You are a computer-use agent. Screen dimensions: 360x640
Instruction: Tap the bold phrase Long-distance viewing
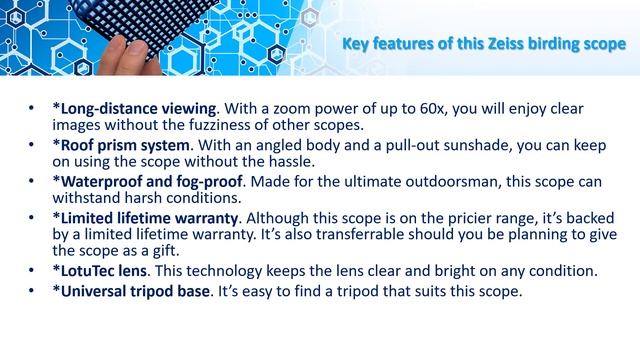click(135, 107)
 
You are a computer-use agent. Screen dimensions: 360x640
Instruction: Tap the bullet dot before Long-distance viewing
click(33, 107)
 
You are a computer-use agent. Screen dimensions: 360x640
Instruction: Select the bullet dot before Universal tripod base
click(33, 290)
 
